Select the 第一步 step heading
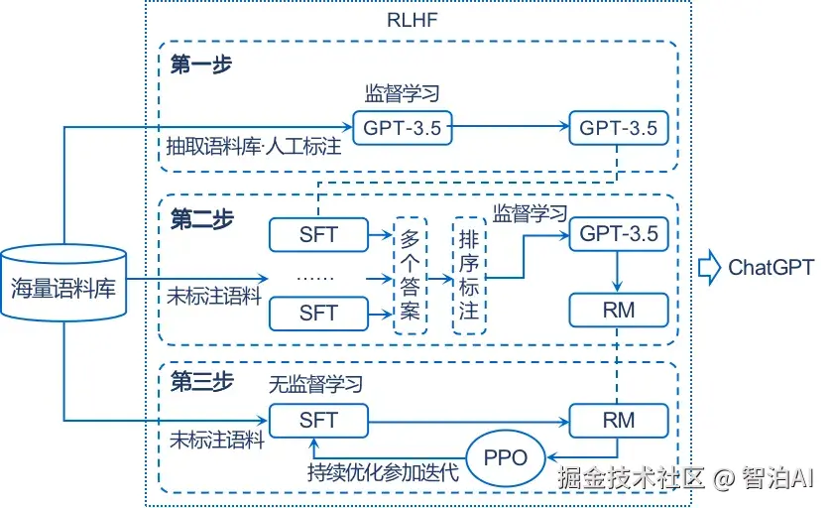pyautogui.click(x=201, y=65)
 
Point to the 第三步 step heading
pyautogui.click(x=201, y=382)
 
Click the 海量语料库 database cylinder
pyautogui.click(x=63, y=283)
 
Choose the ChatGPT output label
pyautogui.click(x=771, y=267)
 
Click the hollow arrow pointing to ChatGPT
pyautogui.click(x=709, y=267)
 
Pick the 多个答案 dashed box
pyautogui.click(x=411, y=275)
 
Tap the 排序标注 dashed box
pyautogui.click(x=469, y=275)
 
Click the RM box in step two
pyautogui.click(x=618, y=312)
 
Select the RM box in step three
pyautogui.click(x=618, y=420)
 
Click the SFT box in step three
pyautogui.click(x=318, y=420)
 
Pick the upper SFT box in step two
pyautogui.click(x=318, y=235)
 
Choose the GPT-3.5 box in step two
pyautogui.click(x=618, y=234)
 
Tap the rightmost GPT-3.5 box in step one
pyautogui.click(x=618, y=128)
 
